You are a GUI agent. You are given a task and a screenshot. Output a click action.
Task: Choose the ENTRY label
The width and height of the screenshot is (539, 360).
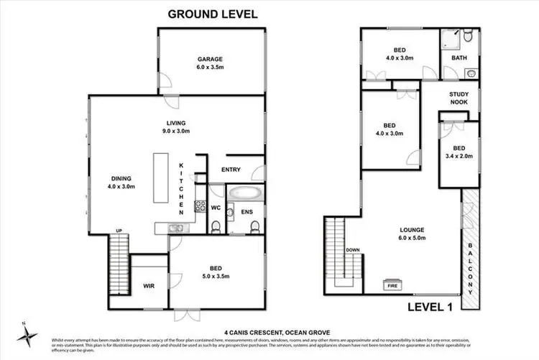pos(231,170)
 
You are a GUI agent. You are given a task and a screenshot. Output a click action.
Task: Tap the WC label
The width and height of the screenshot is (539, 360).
pos(214,208)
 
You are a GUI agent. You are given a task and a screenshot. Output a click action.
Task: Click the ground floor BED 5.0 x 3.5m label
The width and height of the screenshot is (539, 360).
pos(214,269)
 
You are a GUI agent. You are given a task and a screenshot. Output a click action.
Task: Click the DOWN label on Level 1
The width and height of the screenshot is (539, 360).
pos(352,250)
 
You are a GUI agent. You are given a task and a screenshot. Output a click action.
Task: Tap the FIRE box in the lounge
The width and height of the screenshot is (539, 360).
pos(392,284)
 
